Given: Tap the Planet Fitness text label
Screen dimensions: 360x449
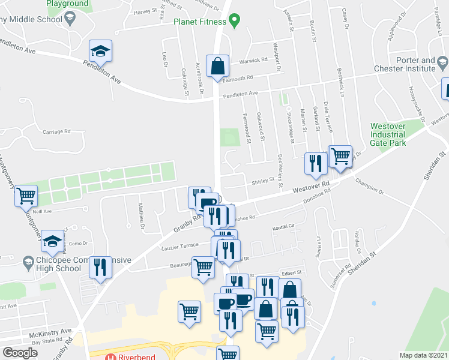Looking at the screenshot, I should [199, 22].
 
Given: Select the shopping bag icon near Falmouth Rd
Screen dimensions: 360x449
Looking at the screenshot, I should [217, 66].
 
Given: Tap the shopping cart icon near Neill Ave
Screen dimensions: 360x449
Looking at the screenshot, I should [26, 196].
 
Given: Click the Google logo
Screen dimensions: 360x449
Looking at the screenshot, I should [20, 352].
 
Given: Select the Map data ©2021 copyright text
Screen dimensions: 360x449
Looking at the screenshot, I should [423, 355].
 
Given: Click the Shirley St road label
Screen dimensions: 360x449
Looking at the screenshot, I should [263, 179].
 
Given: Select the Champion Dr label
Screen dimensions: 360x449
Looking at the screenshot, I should [369, 186].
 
